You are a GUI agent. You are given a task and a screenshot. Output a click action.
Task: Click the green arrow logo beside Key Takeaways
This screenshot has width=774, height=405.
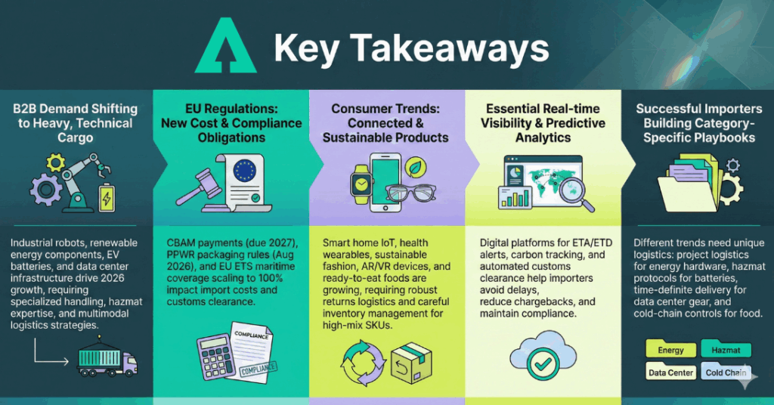tap(225, 47)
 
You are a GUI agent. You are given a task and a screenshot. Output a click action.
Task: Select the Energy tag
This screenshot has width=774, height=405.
tap(671, 350)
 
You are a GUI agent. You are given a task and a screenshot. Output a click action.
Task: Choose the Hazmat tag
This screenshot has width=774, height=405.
tap(726, 350)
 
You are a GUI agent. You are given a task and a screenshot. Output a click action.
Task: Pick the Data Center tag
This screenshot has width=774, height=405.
tap(671, 372)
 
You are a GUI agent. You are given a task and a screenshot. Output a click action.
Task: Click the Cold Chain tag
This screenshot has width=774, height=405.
tap(726, 372)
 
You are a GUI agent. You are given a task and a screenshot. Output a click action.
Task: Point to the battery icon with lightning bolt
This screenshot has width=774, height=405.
tap(107, 198)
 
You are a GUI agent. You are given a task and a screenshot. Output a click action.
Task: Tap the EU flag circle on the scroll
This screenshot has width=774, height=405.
tap(245, 170)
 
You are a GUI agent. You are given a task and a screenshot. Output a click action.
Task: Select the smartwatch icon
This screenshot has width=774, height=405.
tap(362, 184)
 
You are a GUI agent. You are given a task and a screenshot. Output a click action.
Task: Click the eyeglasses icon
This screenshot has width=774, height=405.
tap(410, 193)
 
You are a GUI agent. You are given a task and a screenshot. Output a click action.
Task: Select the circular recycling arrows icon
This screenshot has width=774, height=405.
tap(362, 363)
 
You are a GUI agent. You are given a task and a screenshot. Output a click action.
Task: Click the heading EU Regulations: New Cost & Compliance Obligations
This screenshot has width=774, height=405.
tap(231, 123)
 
